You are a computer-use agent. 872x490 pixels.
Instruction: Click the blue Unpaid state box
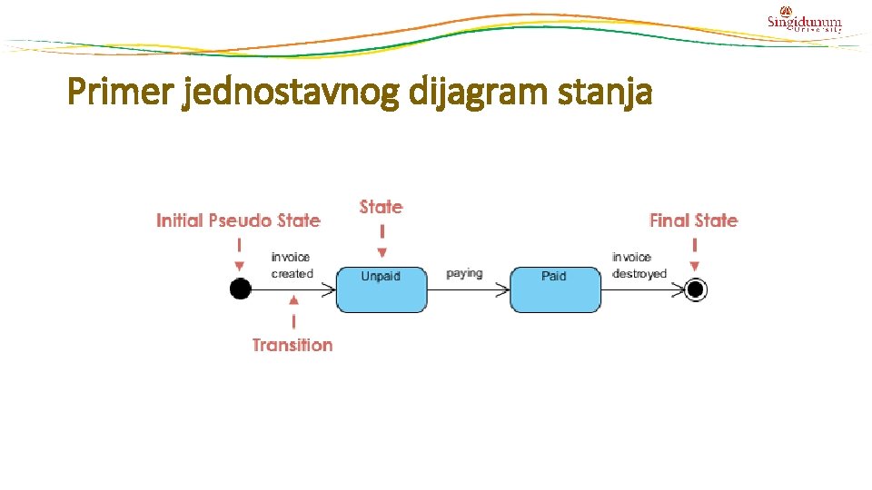[381, 289]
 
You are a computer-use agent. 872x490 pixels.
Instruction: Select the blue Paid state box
[555, 289]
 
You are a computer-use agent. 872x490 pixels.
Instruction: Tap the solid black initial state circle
[240, 289]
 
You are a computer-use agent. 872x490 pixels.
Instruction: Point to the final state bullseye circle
[696, 289]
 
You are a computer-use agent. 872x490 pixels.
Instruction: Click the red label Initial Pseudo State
[238, 220]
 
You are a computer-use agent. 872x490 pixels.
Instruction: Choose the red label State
[381, 207]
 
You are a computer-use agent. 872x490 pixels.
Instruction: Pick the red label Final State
[694, 220]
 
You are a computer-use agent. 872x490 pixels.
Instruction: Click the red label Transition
[292, 345]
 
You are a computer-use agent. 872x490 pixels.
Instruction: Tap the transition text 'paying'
[464, 273]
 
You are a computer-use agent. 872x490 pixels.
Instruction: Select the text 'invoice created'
[292, 265]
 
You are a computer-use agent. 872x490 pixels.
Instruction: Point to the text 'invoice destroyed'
[639, 265]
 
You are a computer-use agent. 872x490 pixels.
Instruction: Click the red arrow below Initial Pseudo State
[239, 254]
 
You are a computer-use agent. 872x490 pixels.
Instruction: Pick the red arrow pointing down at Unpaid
[381, 240]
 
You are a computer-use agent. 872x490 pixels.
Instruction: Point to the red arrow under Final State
[695, 254]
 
